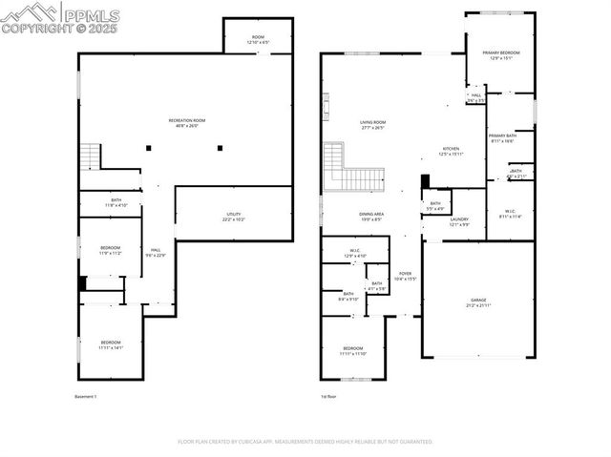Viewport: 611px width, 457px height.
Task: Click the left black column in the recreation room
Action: [x=148, y=147]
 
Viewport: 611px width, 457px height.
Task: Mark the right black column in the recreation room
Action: [x=220, y=147]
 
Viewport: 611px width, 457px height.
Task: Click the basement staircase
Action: [x=90, y=155]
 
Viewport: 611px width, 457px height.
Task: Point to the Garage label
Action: [x=477, y=301]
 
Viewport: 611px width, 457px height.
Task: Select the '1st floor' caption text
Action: [x=328, y=396]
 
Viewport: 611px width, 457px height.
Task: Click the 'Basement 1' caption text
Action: [x=86, y=396]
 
